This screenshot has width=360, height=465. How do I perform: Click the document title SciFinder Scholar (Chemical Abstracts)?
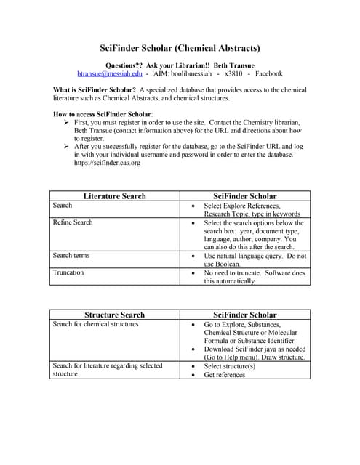tap(180, 49)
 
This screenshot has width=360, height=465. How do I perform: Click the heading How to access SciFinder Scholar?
tap(103, 114)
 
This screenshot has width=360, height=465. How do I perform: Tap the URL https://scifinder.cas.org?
tap(108, 163)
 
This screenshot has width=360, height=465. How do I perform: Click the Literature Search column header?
tap(114, 196)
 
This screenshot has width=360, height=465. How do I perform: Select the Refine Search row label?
tap(73, 222)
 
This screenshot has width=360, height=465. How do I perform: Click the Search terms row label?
tap(71, 256)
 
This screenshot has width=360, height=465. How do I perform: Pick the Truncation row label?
tap(68, 272)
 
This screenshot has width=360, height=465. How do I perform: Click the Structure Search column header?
tap(114, 315)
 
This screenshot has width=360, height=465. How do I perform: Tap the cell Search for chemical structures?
tap(95, 324)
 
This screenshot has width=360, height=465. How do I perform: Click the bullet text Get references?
tap(224, 374)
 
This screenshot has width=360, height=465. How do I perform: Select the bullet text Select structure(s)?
tap(229, 365)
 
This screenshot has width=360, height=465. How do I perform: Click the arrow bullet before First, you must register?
tap(67, 123)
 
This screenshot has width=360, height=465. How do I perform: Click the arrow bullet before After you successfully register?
tap(67, 147)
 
